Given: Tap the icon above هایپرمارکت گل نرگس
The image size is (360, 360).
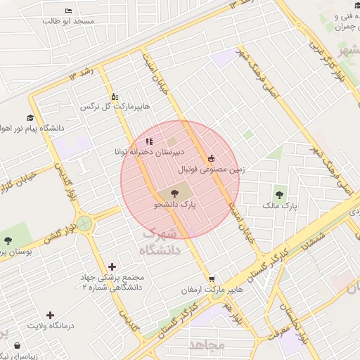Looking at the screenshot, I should click(115, 96).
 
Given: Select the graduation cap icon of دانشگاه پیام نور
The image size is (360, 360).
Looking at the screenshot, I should click(30, 118).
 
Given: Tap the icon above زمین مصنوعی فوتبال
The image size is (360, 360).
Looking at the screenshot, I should click(212, 158).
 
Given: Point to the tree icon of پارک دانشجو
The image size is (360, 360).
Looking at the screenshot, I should click(174, 193).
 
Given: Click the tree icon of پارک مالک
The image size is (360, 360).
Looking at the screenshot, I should click(281, 195).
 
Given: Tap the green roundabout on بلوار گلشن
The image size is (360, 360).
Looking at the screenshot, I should click(85, 224).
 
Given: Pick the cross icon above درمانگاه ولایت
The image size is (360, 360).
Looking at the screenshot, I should click(49, 315).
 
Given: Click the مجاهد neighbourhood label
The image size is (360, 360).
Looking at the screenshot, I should click(206, 345).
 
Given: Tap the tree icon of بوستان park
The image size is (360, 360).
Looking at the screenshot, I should click(8, 240).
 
